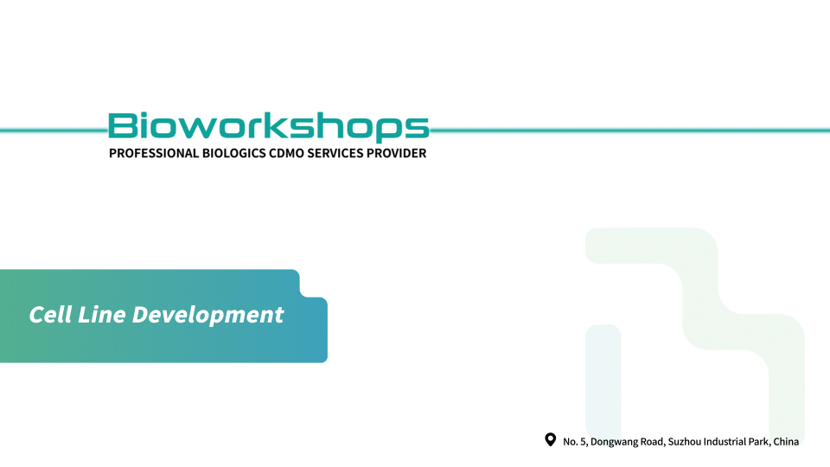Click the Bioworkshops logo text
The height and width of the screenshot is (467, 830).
[x=268, y=127]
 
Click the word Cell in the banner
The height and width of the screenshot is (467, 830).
[x=50, y=315]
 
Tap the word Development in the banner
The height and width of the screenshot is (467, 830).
[x=208, y=316]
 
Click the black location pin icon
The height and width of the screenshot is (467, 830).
[x=551, y=439]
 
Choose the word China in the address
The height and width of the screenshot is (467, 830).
[x=786, y=442]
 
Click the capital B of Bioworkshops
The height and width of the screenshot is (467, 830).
[x=122, y=125]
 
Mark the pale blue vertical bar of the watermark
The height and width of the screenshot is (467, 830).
[x=603, y=382]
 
